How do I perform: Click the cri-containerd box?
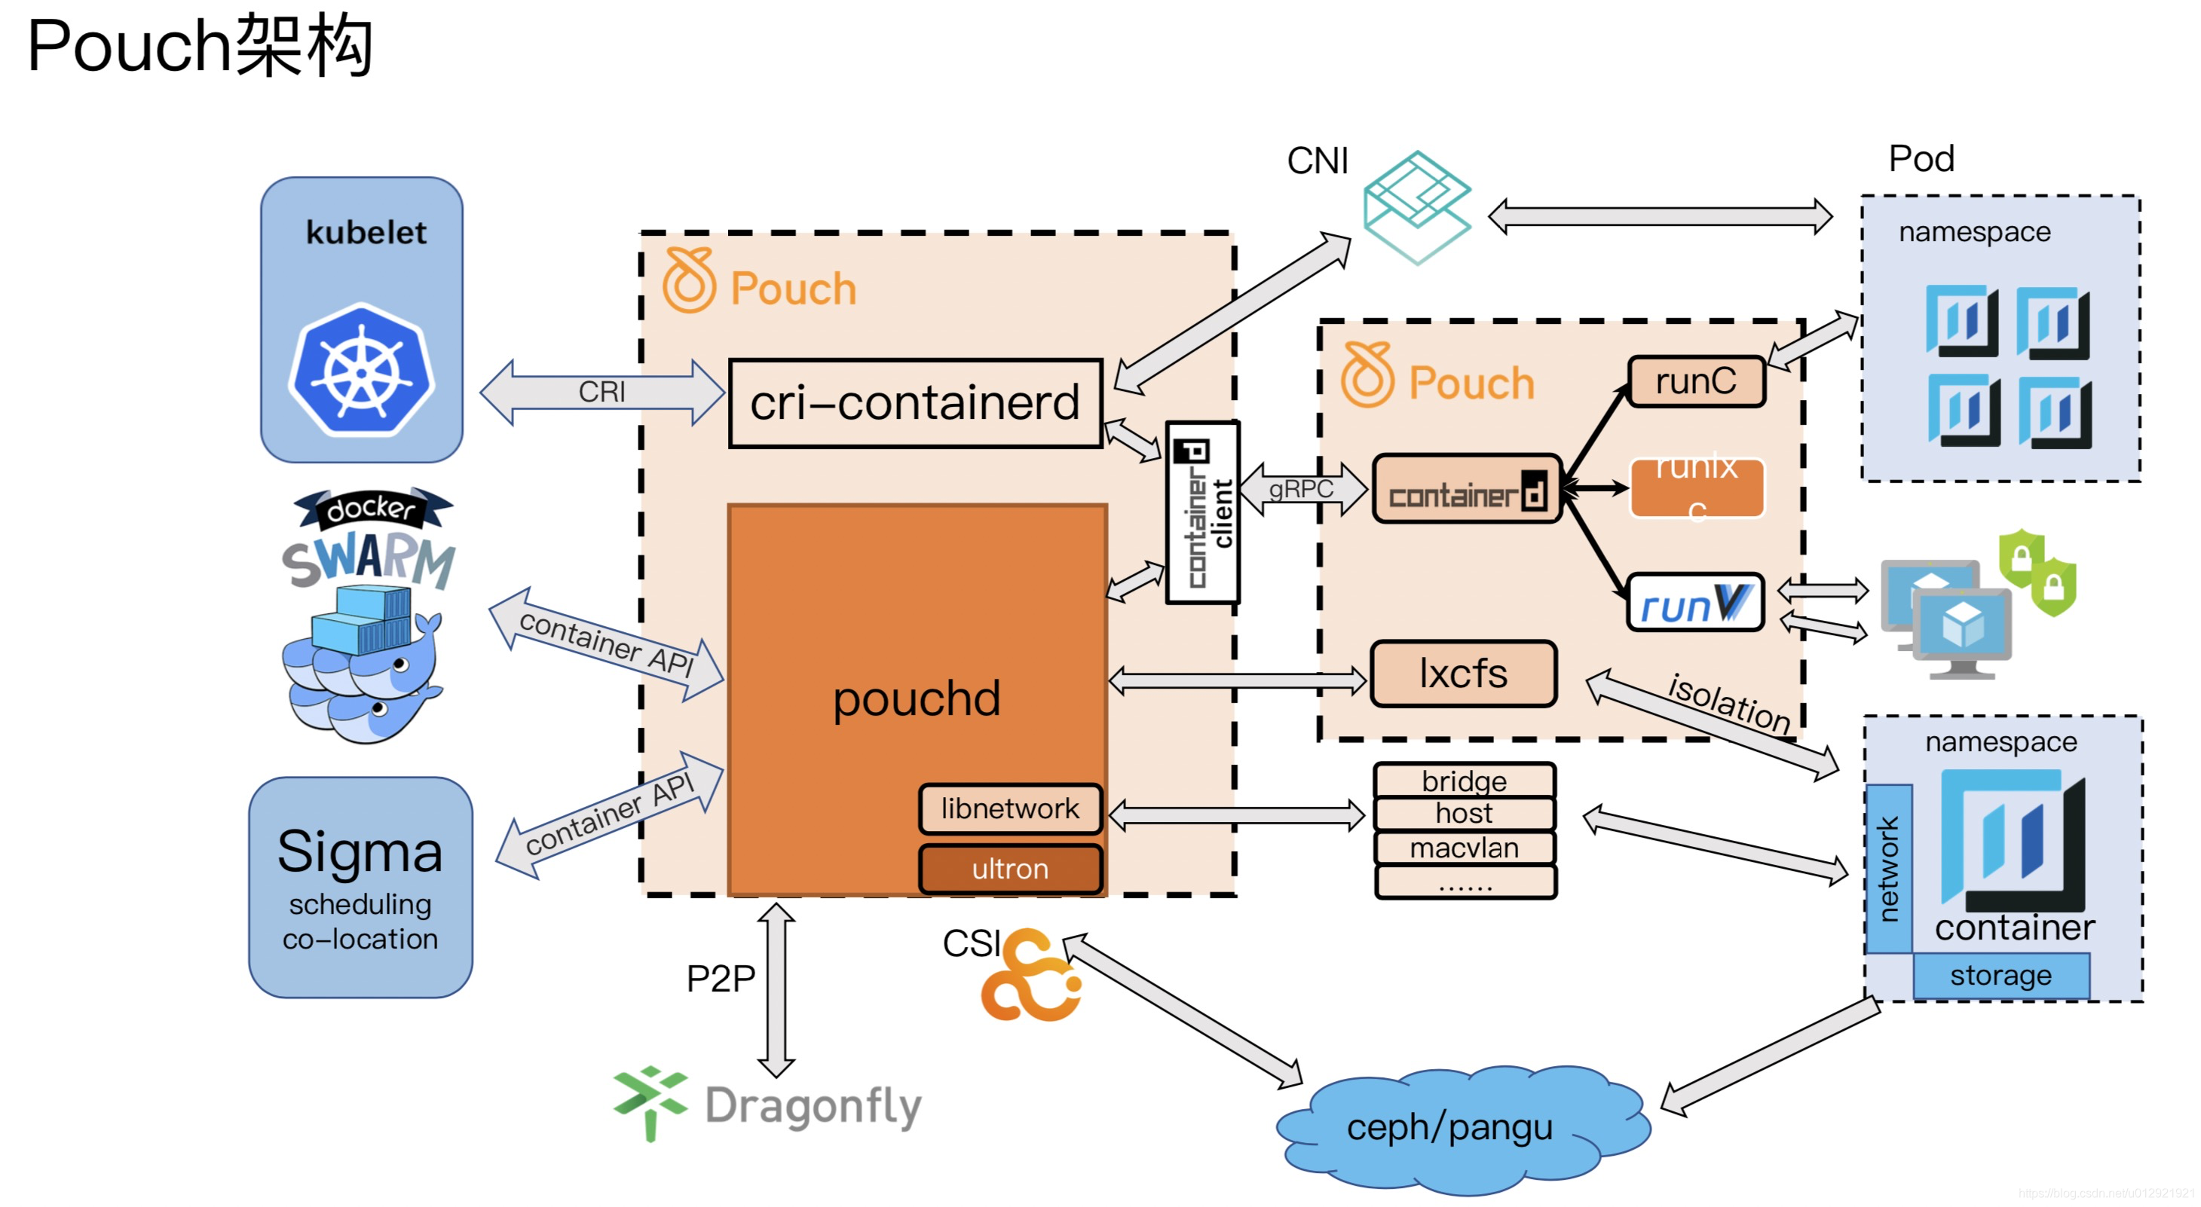click(915, 403)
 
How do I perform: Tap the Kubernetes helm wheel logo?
click(361, 371)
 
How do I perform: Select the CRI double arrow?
click(602, 392)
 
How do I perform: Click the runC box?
click(1696, 382)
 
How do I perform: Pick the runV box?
click(1695, 603)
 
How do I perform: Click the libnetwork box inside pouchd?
click(1010, 808)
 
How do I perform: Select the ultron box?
click(1010, 869)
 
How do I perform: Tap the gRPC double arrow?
click(1301, 490)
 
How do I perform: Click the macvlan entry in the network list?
click(1465, 848)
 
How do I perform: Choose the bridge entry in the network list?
click(1465, 781)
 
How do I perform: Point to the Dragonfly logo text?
click(813, 1106)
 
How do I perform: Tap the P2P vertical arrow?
click(776, 990)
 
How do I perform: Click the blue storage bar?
click(2001, 976)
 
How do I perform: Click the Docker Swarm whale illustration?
click(363, 666)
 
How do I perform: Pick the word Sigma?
click(360, 851)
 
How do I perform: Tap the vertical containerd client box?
click(1202, 512)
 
